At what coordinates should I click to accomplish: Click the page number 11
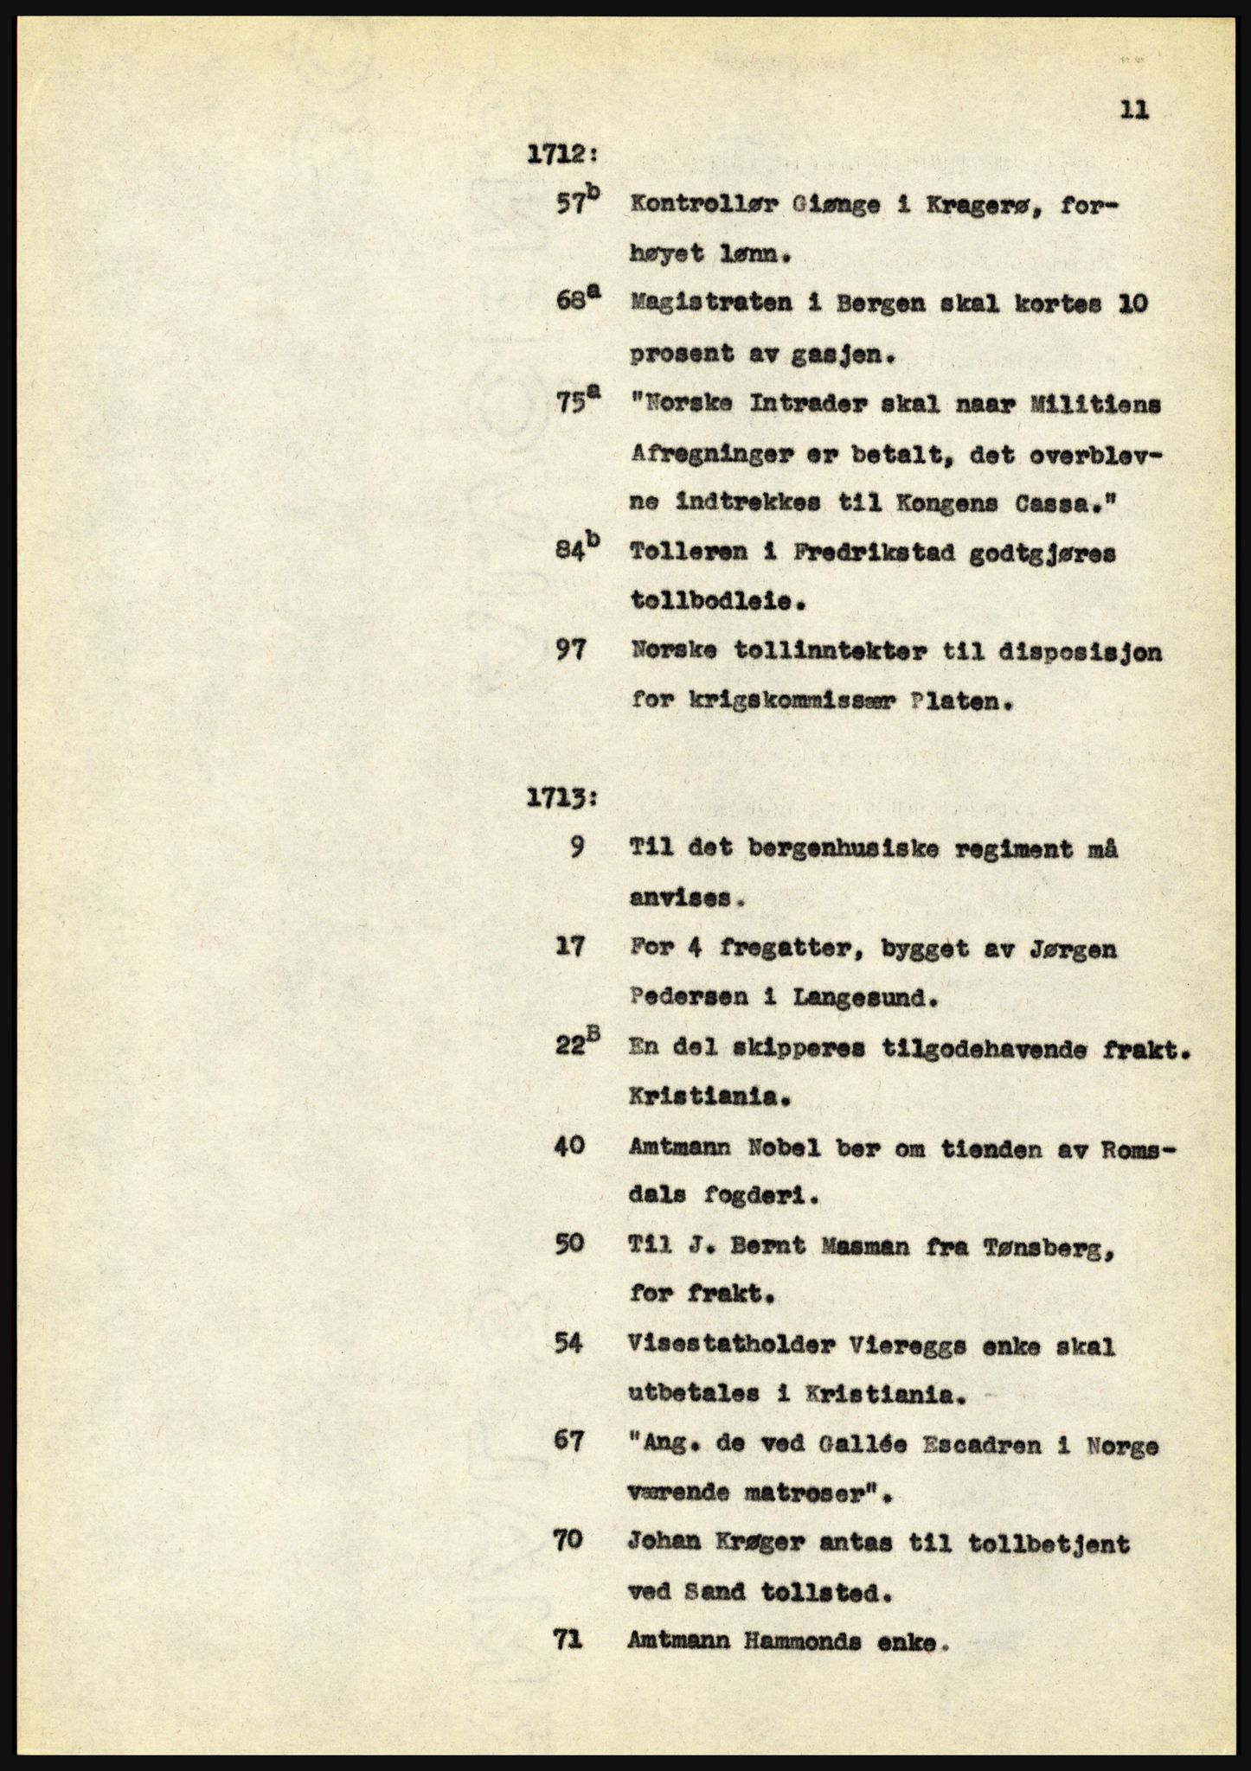point(1134,110)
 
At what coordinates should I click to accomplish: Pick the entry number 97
point(571,651)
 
